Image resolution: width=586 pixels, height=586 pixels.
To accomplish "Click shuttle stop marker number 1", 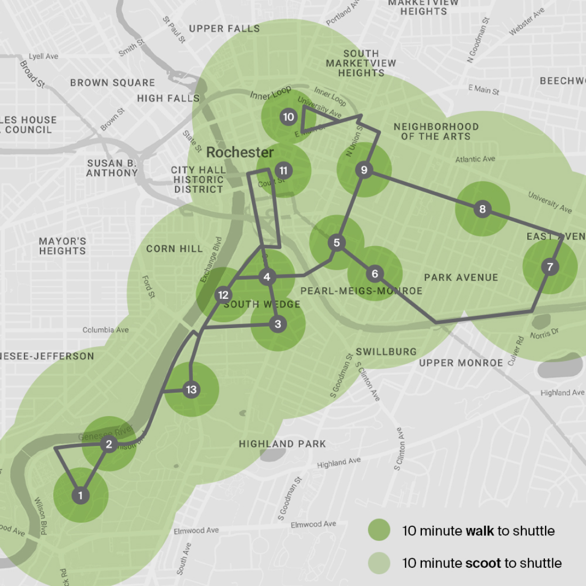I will (x=80, y=495).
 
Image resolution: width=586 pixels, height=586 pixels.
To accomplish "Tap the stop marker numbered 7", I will (x=550, y=266).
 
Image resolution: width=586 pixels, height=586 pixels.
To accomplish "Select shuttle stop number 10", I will (x=288, y=117).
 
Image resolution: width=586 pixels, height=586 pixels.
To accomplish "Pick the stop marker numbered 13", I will (x=191, y=389).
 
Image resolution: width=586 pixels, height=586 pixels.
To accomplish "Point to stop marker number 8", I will (x=482, y=209).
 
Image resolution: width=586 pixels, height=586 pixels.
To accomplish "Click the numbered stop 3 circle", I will (x=278, y=324).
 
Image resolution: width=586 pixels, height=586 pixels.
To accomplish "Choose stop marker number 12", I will (x=223, y=295).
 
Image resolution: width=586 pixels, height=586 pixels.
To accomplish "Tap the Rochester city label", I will (x=240, y=152).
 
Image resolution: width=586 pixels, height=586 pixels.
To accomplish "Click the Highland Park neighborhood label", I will (x=282, y=444).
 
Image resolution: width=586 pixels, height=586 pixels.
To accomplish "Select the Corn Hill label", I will (x=174, y=249).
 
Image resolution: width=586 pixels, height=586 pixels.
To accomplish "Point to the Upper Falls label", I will (x=224, y=29).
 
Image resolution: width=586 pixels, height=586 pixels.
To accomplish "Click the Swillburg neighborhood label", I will (x=386, y=352).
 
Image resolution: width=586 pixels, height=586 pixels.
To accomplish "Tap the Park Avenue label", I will (x=461, y=278).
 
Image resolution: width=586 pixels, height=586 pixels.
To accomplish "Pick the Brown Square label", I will (x=112, y=83).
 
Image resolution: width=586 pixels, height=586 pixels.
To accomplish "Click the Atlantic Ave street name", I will (x=475, y=159).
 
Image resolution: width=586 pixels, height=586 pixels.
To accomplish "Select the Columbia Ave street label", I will (x=105, y=330).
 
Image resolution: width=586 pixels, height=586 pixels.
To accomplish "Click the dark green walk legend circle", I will (x=379, y=531).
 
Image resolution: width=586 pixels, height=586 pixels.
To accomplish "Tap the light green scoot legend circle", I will (x=379, y=563).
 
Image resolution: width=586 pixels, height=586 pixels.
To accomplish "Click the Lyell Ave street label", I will (x=44, y=56).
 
